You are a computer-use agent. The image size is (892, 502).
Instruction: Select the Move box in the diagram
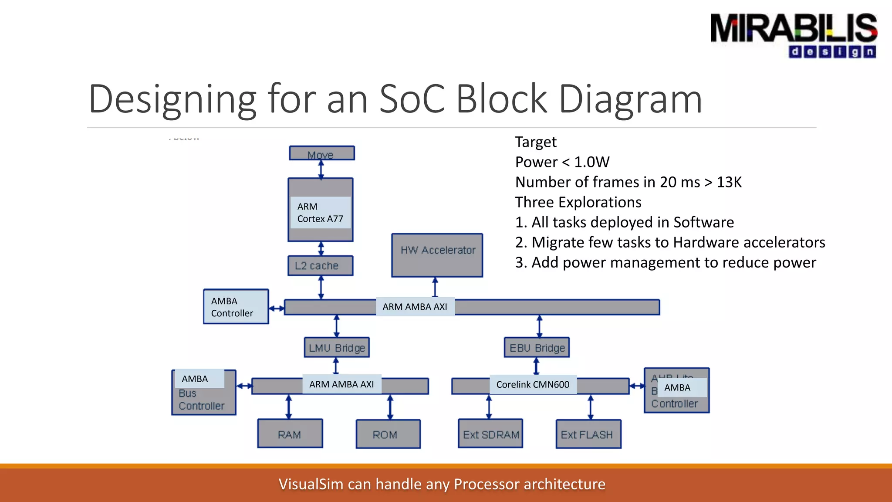click(321, 153)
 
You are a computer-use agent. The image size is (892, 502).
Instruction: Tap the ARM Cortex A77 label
click(320, 213)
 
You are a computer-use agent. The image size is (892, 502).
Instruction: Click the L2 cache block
click(320, 266)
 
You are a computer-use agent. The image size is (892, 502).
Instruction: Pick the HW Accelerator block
click(437, 255)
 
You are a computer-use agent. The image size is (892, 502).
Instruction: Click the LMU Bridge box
click(337, 348)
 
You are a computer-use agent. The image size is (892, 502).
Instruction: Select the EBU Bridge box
click(537, 348)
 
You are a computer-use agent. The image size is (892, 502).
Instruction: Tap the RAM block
click(290, 434)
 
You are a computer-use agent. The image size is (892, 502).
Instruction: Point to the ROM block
click(388, 434)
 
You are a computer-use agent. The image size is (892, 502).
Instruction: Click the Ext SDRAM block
click(490, 434)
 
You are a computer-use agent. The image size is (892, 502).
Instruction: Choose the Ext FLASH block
click(588, 434)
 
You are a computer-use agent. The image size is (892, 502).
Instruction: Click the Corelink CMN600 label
click(533, 385)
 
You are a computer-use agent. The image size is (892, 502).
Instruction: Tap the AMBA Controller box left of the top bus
click(236, 307)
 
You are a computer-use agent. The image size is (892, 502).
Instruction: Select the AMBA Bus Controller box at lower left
click(204, 393)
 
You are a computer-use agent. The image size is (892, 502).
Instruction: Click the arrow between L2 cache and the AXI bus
click(321, 287)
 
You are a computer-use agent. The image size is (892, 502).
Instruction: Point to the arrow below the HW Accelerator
click(435, 287)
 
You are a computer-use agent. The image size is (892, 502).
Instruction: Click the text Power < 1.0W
click(562, 162)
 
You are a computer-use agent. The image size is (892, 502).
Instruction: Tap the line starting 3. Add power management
click(665, 263)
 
